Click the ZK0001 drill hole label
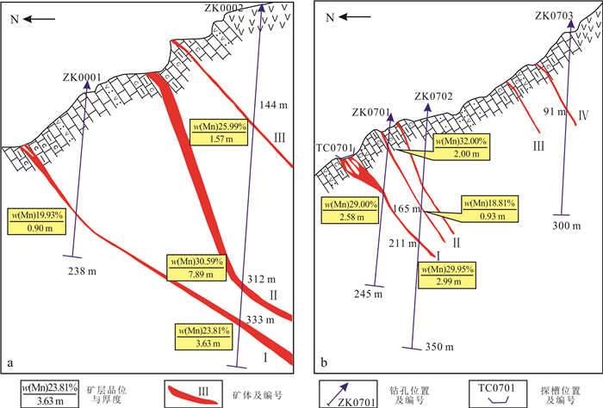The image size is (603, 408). tap(83, 77)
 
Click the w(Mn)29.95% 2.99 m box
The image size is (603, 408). tap(448, 275)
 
